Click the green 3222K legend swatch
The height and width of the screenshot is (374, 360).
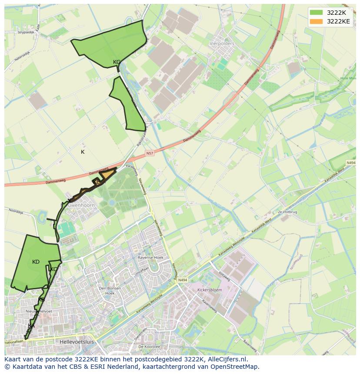(x=316, y=13)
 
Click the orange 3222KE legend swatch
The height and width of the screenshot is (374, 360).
(x=316, y=21)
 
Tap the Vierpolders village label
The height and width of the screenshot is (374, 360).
(x=222, y=44)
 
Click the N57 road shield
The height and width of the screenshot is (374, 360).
(x=150, y=153)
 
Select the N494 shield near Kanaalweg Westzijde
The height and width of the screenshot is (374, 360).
(x=182, y=280)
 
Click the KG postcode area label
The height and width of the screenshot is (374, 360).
(x=117, y=62)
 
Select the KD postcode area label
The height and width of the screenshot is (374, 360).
(x=36, y=262)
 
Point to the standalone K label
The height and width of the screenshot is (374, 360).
(x=83, y=152)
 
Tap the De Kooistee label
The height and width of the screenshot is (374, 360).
(x=149, y=347)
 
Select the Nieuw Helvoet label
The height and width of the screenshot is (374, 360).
(x=39, y=311)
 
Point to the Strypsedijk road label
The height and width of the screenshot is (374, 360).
(x=25, y=33)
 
